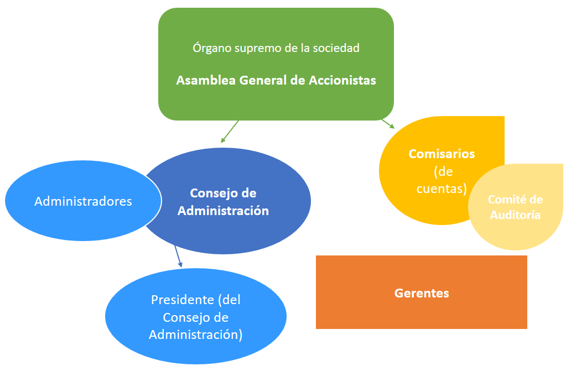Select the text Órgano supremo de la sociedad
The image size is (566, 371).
point(276,48)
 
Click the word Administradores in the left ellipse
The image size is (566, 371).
point(83,201)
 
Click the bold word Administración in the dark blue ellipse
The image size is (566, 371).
point(224,211)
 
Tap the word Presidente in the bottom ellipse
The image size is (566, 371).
point(183,300)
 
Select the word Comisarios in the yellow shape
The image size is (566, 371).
point(442,154)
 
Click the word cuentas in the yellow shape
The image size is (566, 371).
point(442,189)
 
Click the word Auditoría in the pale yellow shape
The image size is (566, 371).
point(515,215)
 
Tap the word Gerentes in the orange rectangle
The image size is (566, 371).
point(422,293)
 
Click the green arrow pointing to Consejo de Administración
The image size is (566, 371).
point(230,132)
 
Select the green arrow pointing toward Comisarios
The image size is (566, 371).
point(388,123)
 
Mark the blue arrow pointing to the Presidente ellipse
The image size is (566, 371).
point(178,256)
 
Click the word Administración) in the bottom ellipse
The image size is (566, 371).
point(196,335)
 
